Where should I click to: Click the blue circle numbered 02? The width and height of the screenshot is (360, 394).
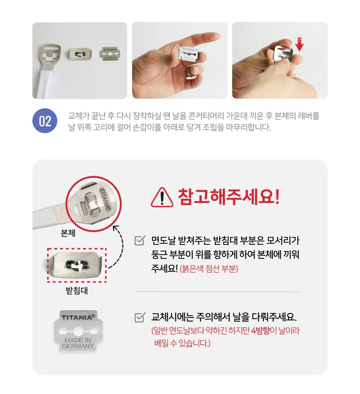(45, 121)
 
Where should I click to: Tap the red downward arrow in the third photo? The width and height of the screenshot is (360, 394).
(299, 44)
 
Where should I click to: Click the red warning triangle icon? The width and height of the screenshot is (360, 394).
(162, 197)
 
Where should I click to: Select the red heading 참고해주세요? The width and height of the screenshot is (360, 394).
(229, 197)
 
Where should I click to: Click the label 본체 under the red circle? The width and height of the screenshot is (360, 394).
(68, 233)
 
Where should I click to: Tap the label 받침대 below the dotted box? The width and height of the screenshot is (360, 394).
(77, 290)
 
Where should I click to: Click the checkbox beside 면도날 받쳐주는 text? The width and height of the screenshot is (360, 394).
(140, 240)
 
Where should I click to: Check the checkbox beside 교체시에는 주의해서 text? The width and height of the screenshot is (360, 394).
(140, 317)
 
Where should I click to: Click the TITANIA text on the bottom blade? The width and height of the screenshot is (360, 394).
(78, 317)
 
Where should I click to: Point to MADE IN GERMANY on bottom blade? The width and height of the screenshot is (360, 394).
(78, 343)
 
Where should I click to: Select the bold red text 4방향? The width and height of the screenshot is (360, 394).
(260, 330)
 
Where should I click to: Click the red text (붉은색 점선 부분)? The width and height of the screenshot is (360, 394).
(209, 269)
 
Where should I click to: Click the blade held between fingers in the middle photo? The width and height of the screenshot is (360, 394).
(189, 54)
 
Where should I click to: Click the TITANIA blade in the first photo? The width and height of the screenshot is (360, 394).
(109, 54)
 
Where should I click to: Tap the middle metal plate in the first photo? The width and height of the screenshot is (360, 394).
(80, 54)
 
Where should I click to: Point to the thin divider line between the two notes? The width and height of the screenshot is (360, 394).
(218, 292)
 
